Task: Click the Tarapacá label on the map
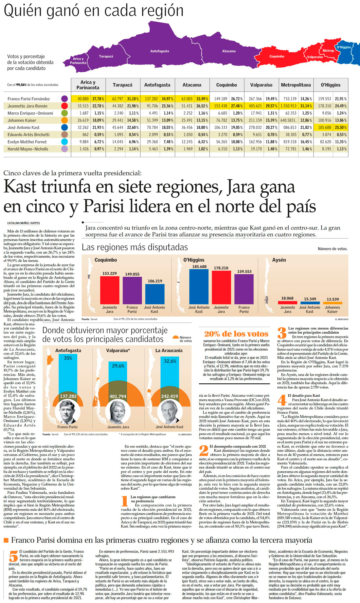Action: tap(106, 56)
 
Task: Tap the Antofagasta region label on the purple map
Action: tap(160, 51)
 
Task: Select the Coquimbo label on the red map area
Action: tap(277, 56)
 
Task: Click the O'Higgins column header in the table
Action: tap(331, 85)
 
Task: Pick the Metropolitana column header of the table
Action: tap(296, 85)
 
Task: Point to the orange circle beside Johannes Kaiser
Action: tap(64, 120)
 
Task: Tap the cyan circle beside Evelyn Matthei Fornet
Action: tap(64, 142)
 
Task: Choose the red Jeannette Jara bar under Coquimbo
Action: tap(110, 290)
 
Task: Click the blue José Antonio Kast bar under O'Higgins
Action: tap(199, 287)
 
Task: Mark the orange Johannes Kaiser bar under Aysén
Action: tap(333, 303)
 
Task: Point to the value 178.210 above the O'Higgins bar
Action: tap(221, 268)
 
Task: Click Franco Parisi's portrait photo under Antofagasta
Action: tap(68, 412)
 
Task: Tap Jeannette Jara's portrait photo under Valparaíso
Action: tap(118, 412)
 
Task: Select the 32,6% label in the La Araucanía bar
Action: tap(170, 361)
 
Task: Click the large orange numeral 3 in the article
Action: tap(282, 333)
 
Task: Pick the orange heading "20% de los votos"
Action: tap(236, 334)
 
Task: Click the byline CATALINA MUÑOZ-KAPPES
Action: tap(24, 223)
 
